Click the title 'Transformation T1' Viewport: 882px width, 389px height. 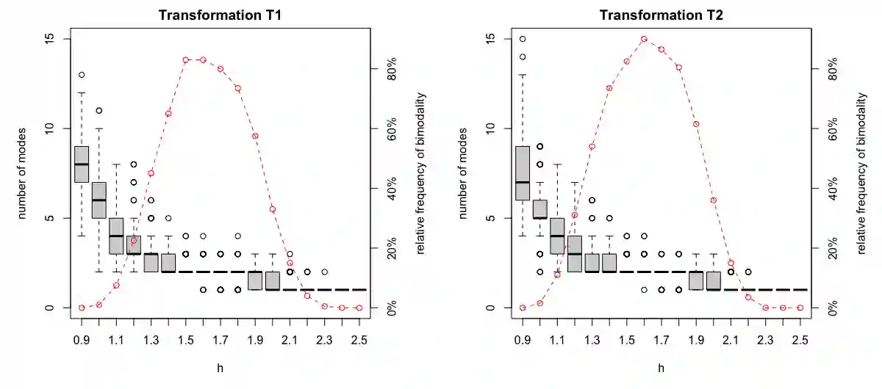point(220,15)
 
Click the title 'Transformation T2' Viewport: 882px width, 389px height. point(661,15)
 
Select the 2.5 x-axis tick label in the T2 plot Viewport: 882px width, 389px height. point(800,340)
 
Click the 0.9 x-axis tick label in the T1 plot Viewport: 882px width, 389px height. point(82,340)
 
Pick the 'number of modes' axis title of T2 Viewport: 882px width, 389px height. point(462,173)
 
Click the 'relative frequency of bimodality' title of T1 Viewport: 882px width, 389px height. point(420,173)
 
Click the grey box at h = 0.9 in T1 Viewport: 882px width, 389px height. point(82,164)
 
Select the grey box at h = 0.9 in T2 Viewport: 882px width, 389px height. point(523,172)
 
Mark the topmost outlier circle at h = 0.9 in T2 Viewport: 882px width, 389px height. point(523,39)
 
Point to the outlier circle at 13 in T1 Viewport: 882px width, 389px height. point(82,75)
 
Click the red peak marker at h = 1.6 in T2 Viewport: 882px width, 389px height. point(644,39)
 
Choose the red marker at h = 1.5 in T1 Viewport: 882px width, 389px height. point(186,59)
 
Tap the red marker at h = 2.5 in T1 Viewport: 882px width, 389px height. point(359,308)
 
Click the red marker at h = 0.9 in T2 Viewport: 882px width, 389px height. point(523,308)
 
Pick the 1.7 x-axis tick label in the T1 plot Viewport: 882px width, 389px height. point(220,340)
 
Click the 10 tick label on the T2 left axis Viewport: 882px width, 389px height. point(491,128)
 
